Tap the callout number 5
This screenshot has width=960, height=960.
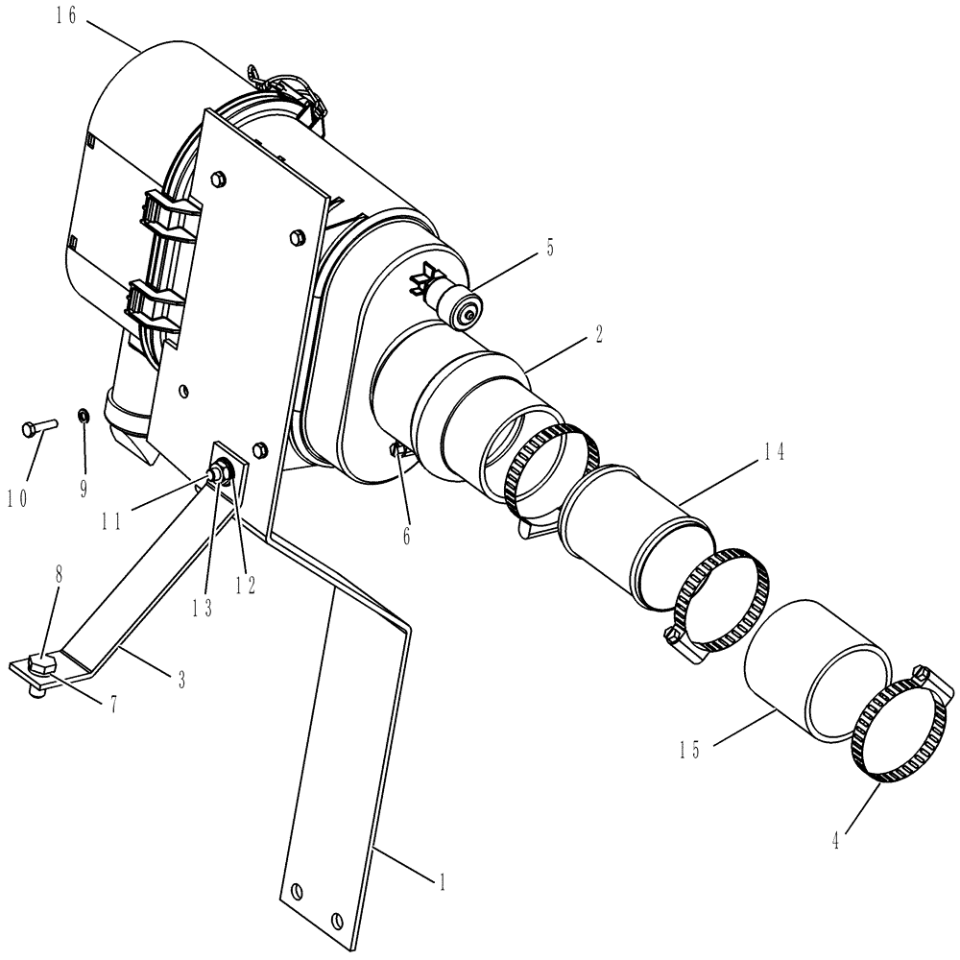[x=550, y=248]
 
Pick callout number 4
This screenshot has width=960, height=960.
[x=836, y=841]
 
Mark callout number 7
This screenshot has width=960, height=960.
[x=112, y=705]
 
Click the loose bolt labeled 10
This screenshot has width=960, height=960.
[x=36, y=427]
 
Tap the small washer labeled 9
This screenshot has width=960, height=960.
[x=84, y=416]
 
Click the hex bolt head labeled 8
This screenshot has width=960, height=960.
[x=41, y=661]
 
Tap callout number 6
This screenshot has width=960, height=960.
[x=406, y=535]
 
